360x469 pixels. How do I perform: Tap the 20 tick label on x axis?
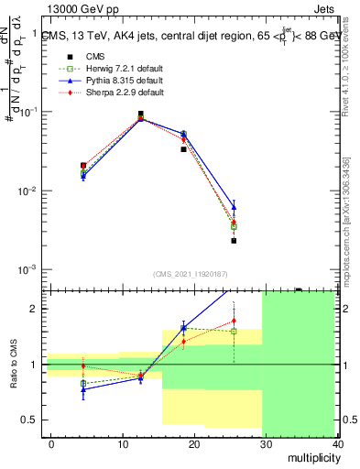click(194, 443)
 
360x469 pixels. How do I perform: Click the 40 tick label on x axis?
click(337, 443)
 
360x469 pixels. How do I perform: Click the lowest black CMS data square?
click(234, 241)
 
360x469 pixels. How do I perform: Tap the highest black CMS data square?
click(140, 115)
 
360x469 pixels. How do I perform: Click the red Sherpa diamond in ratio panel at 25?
click(234, 322)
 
